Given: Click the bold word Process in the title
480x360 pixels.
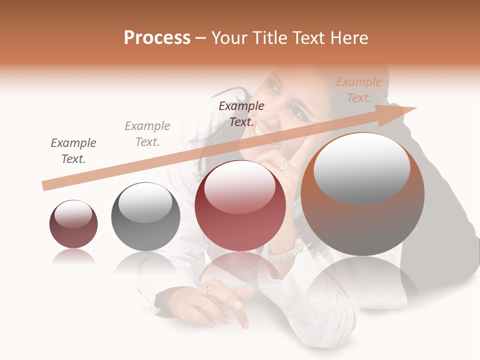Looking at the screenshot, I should tap(157, 38).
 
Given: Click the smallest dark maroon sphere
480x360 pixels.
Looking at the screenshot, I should tap(73, 224).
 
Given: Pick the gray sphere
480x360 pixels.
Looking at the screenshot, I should tap(145, 216).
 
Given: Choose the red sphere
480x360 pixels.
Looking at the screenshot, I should tap(240, 205).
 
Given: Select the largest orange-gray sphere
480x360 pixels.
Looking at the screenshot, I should tap(362, 194).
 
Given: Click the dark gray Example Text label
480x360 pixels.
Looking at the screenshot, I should tap(73, 151).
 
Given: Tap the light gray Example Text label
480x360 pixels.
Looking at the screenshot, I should tap(147, 134).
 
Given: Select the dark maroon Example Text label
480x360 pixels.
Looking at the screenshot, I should tap(241, 113).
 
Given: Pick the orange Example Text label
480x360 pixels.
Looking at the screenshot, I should tap(358, 90).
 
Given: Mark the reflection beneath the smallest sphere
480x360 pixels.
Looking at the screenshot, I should tap(73, 256).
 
